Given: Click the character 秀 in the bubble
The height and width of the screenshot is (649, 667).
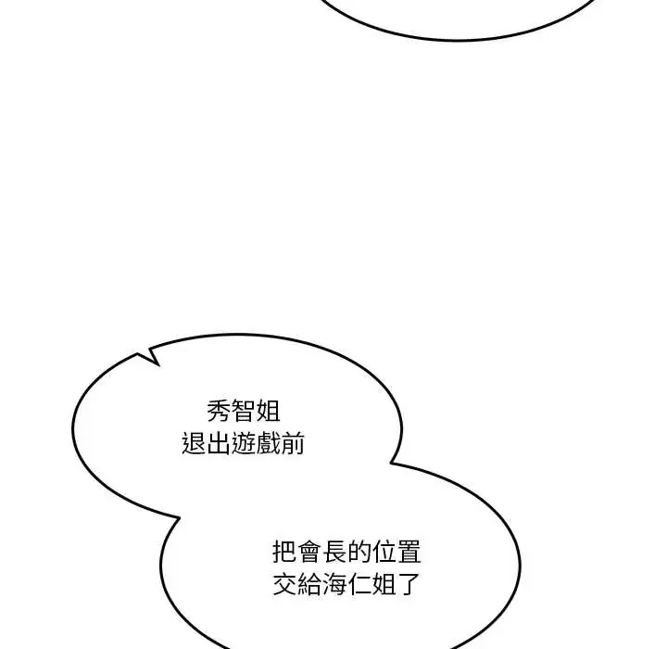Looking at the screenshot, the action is pyautogui.click(x=219, y=412).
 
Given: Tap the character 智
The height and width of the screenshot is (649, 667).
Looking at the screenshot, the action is pyautogui.click(x=244, y=412).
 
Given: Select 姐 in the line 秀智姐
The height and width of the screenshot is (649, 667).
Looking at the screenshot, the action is pyautogui.click(x=268, y=412).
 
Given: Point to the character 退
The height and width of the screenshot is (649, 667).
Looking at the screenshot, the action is pyautogui.click(x=194, y=443).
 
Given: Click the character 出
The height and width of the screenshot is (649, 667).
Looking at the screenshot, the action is pyautogui.click(x=219, y=443).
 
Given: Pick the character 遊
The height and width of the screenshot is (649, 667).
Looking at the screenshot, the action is pyautogui.click(x=244, y=443).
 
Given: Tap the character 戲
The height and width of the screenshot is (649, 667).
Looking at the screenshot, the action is pyautogui.click(x=268, y=443).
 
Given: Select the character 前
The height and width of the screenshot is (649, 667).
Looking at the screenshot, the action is pyautogui.click(x=293, y=443).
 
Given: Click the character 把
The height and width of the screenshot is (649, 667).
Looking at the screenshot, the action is pyautogui.click(x=284, y=552).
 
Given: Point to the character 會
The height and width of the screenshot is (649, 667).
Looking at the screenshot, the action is pyautogui.click(x=309, y=552).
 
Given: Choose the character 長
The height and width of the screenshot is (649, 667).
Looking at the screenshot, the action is pyautogui.click(x=334, y=552).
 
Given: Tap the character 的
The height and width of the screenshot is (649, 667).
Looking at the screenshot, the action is pyautogui.click(x=359, y=552).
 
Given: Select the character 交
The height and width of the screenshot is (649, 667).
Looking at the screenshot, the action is pyautogui.click(x=284, y=584).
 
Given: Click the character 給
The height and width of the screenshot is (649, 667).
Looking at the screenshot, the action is pyautogui.click(x=309, y=584).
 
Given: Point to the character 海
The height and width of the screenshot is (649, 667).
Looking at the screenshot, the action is pyautogui.click(x=334, y=584).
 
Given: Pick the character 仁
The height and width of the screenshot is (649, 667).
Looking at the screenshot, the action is pyautogui.click(x=359, y=584).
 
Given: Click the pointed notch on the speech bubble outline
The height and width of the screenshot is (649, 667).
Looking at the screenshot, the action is pyautogui.click(x=158, y=365).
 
